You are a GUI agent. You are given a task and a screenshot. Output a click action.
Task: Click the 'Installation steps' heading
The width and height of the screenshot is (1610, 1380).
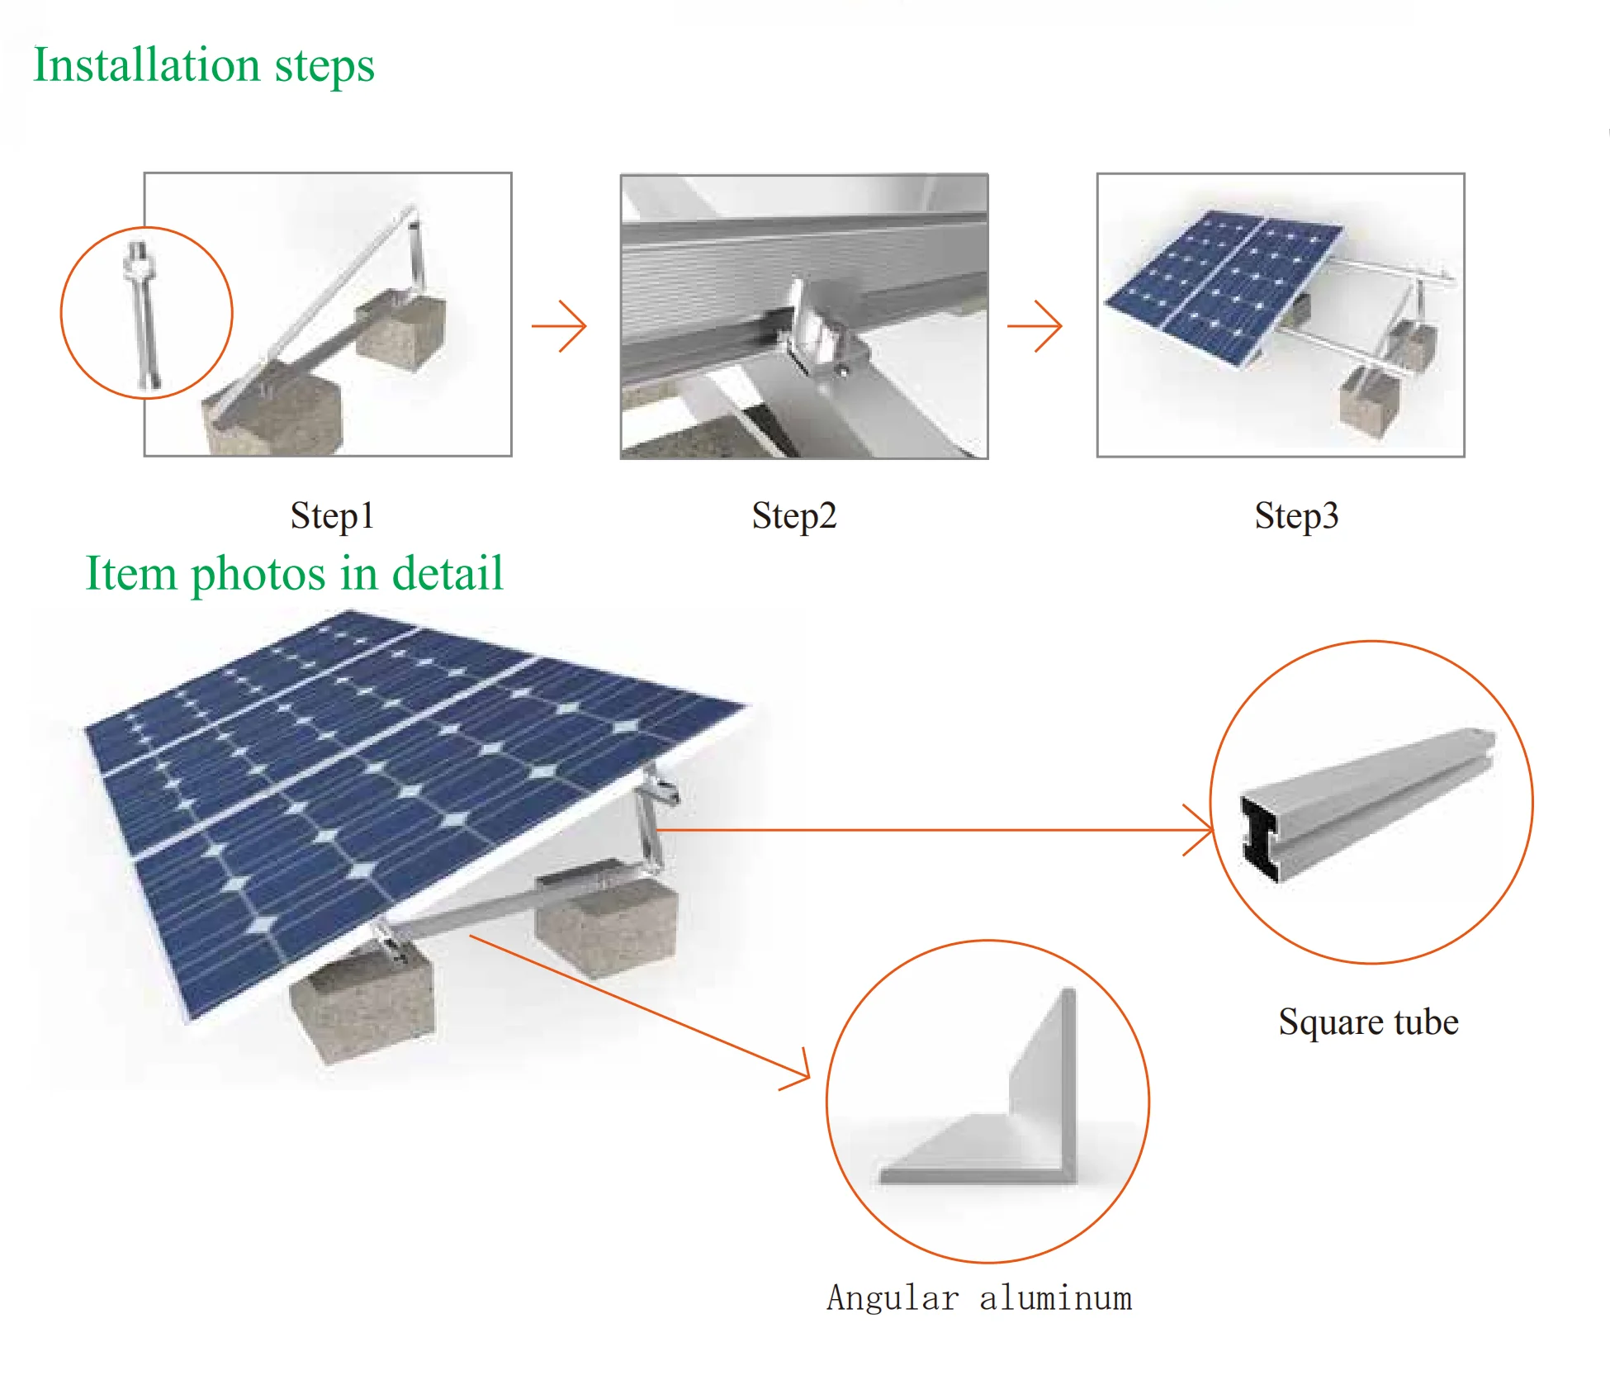click(x=204, y=65)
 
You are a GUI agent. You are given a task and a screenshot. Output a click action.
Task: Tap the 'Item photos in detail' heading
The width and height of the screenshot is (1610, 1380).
click(x=294, y=573)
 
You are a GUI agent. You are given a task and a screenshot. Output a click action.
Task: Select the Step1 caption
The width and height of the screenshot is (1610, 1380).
click(x=332, y=516)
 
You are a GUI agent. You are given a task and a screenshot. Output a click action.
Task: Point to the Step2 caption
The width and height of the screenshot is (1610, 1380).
click(x=794, y=516)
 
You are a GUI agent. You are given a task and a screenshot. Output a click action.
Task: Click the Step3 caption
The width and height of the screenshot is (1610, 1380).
click(x=1296, y=516)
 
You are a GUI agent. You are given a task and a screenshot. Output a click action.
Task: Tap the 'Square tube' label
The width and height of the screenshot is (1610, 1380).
click(x=1368, y=1022)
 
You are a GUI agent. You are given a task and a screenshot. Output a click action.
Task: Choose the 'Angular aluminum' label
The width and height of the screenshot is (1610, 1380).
click(x=979, y=1298)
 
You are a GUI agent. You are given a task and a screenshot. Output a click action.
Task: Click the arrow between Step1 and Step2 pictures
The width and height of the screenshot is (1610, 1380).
click(x=560, y=326)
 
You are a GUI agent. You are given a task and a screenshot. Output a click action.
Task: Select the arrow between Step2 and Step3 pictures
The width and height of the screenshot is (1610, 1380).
click(x=1035, y=326)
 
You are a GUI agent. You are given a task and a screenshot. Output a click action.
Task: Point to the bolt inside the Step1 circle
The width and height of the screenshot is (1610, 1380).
click(x=142, y=314)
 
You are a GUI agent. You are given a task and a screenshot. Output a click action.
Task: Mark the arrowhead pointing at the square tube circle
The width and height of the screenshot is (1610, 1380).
click(x=1201, y=829)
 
